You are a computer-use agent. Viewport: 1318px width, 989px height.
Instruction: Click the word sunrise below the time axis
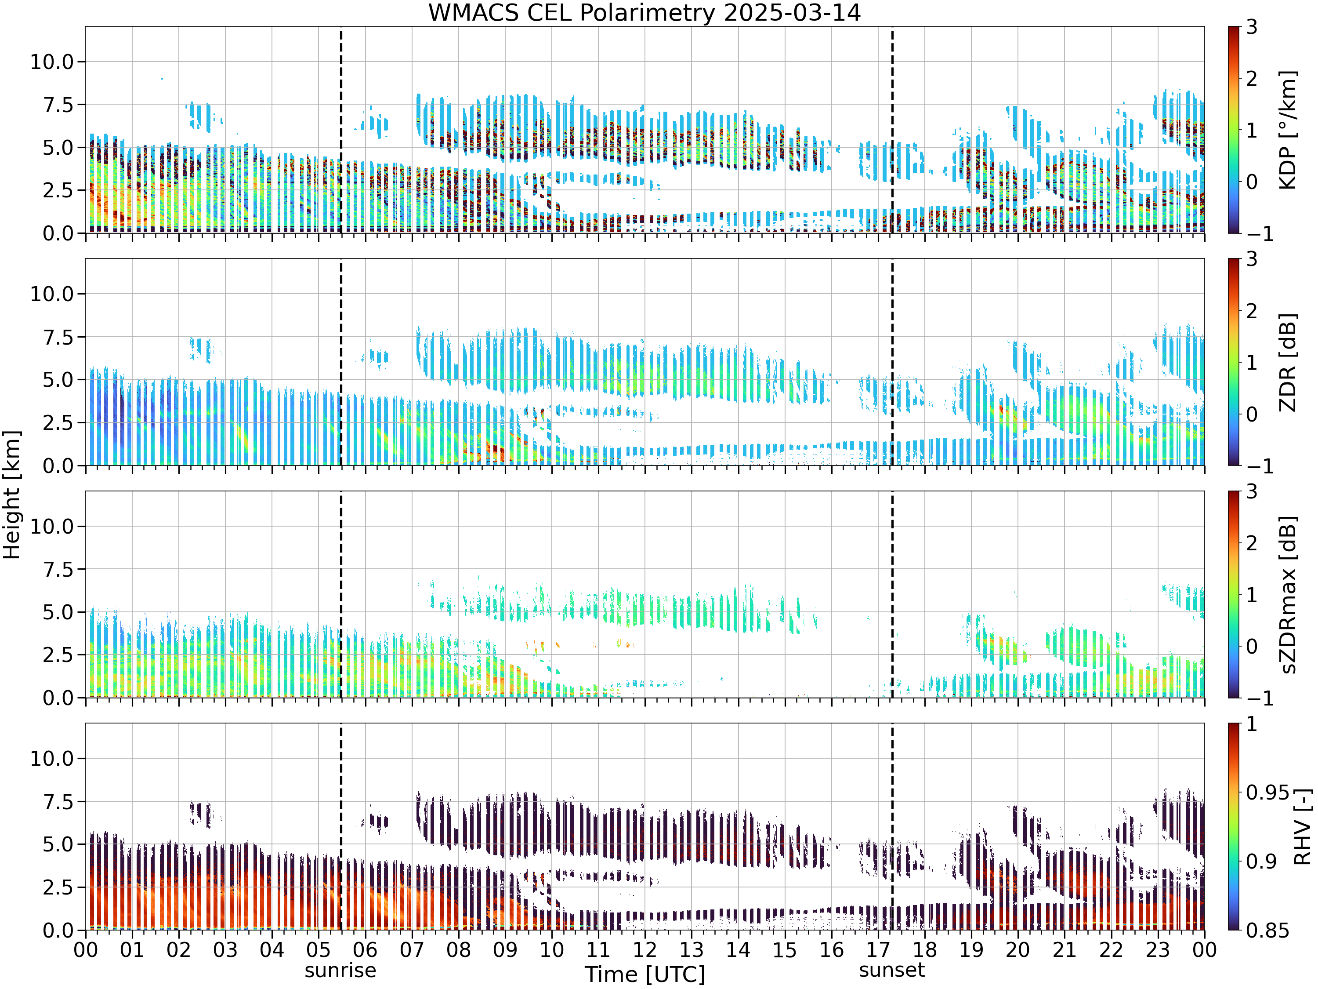[x=340, y=971]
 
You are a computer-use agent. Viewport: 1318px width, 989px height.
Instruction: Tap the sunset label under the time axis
[x=892, y=970]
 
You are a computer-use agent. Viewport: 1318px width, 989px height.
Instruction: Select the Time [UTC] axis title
[x=645, y=974]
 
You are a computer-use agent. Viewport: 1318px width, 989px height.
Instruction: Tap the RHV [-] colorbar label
[x=1303, y=827]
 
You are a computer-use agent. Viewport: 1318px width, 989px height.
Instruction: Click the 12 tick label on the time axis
[x=645, y=949]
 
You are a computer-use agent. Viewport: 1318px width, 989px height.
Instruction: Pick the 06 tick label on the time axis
[x=365, y=949]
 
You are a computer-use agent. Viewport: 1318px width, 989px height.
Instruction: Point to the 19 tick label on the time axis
[x=971, y=949]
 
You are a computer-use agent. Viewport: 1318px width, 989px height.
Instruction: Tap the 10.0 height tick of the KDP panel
[x=52, y=62]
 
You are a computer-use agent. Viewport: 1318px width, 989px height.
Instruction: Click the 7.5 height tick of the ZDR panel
[x=58, y=337]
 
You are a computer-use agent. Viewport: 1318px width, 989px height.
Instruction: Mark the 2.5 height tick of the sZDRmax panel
[x=58, y=654]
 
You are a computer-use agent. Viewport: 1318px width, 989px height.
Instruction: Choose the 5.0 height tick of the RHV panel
[x=58, y=844]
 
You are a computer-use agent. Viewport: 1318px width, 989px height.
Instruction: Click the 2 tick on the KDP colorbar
[x=1252, y=78]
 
